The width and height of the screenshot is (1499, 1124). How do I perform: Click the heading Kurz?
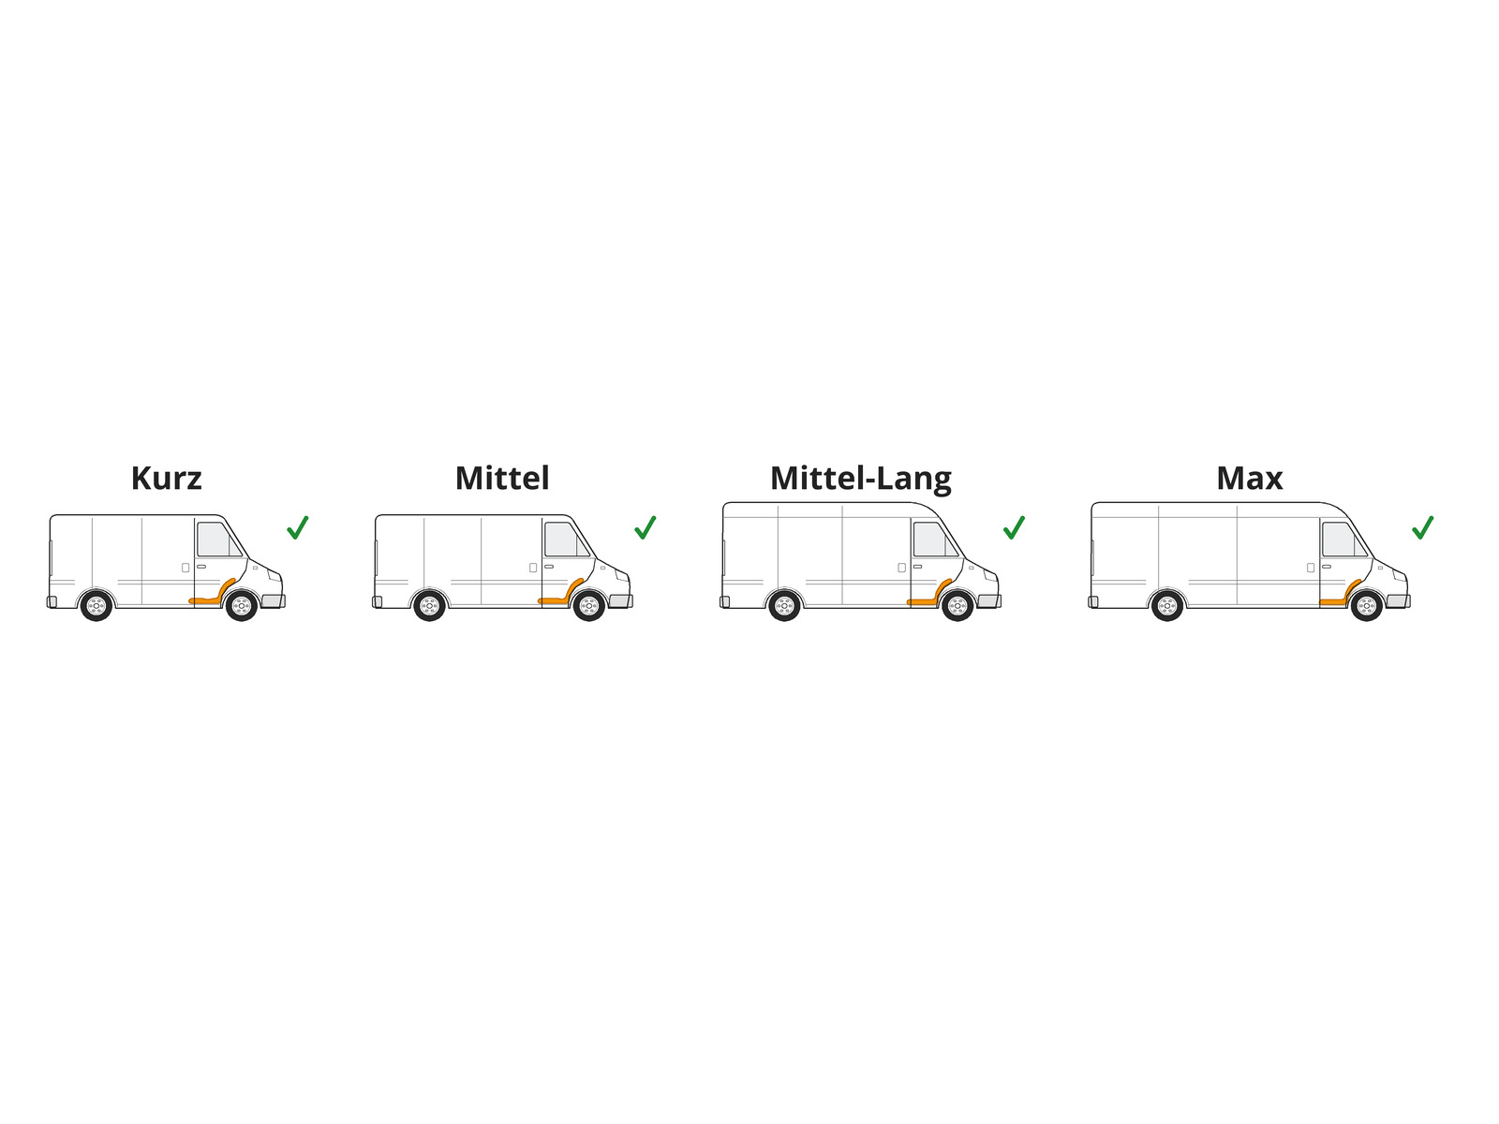click(166, 479)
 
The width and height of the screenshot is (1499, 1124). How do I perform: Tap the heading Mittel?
click(502, 479)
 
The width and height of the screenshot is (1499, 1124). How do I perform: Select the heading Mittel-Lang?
click(860, 480)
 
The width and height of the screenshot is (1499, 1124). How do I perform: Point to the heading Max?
click(1249, 479)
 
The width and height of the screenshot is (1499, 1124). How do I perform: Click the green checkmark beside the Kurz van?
click(297, 527)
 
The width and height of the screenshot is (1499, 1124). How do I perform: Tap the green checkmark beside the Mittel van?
click(645, 527)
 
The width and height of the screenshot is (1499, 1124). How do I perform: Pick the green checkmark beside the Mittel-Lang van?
click(1014, 527)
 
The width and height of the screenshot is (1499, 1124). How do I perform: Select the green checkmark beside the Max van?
click(1422, 527)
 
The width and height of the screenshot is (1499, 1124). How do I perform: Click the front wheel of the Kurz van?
click(241, 605)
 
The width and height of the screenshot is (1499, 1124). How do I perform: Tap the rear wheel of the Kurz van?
click(96, 605)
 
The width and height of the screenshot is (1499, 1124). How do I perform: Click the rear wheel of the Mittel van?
click(429, 605)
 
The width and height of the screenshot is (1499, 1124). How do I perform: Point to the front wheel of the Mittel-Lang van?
click(957, 605)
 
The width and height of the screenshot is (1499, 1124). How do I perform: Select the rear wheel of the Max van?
click(1167, 605)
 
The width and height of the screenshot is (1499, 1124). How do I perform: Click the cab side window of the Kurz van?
click(217, 540)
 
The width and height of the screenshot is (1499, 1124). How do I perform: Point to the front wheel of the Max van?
click(1366, 605)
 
